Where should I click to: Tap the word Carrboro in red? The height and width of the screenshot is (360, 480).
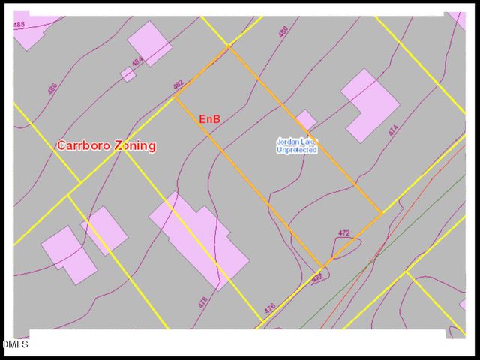pos(84,145)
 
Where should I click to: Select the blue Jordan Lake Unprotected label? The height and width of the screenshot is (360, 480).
pos(297,145)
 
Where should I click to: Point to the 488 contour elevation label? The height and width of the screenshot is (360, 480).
pos(19,25)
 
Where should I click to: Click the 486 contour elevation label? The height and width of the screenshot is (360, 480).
pos(52,88)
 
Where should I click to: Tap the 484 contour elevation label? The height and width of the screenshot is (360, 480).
pos(137,61)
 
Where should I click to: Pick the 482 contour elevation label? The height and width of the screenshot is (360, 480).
pos(178,84)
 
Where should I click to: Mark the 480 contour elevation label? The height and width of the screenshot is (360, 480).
pos(283,32)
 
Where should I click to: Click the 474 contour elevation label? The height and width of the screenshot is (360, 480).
pos(393,130)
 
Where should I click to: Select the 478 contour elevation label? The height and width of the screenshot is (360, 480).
pos(202,301)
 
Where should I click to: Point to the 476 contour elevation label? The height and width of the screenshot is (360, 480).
pos(270,307)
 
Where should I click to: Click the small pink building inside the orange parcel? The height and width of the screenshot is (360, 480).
pos(305,119)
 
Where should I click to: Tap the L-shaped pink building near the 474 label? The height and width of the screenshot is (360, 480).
pos(369,105)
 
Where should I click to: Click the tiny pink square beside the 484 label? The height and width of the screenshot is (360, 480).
pos(128,74)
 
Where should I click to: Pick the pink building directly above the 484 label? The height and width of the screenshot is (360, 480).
pos(149,42)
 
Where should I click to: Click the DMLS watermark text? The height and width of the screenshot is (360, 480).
pos(15,344)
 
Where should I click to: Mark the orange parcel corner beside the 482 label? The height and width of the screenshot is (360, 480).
pos(175,97)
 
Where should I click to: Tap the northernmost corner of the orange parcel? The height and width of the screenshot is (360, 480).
pos(229,46)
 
